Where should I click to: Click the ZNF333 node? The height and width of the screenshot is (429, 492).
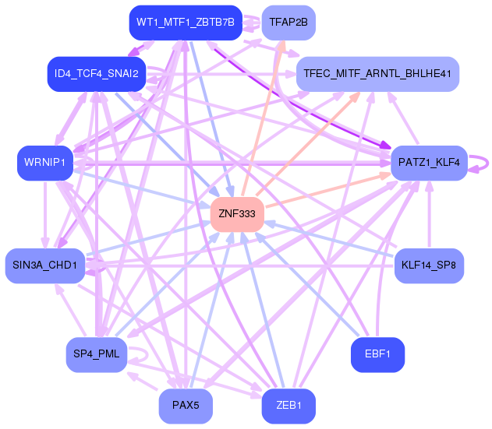point(237,214)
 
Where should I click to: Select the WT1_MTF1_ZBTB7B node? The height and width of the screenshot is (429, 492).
point(186,23)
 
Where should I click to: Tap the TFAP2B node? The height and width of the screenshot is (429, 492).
point(288,23)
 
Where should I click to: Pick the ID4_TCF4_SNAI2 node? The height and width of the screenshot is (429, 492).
point(97,74)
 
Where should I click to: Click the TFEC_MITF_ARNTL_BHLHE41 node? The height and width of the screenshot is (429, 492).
point(377,74)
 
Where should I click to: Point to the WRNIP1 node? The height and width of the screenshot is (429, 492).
point(45,163)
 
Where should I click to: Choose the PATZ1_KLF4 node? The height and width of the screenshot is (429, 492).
point(429,163)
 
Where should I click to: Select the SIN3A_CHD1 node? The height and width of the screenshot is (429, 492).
point(45,265)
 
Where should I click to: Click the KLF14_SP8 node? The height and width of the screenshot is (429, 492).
point(429,265)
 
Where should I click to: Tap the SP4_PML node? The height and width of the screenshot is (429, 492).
point(97,355)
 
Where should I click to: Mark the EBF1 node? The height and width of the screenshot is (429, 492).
point(377,355)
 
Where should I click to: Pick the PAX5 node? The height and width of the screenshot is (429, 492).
point(186,406)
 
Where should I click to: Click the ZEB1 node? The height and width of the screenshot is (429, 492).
point(288,406)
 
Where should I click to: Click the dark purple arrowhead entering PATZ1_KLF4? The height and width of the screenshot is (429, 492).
point(385,145)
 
